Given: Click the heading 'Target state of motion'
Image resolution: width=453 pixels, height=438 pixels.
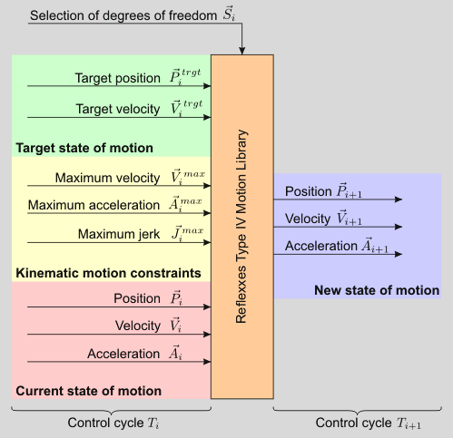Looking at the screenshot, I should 84,147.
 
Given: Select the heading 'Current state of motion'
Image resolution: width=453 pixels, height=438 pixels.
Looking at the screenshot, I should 89,391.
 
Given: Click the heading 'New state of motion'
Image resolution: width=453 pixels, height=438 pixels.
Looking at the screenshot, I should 377,290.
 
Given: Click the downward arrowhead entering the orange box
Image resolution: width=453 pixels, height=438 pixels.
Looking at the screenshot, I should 242,50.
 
